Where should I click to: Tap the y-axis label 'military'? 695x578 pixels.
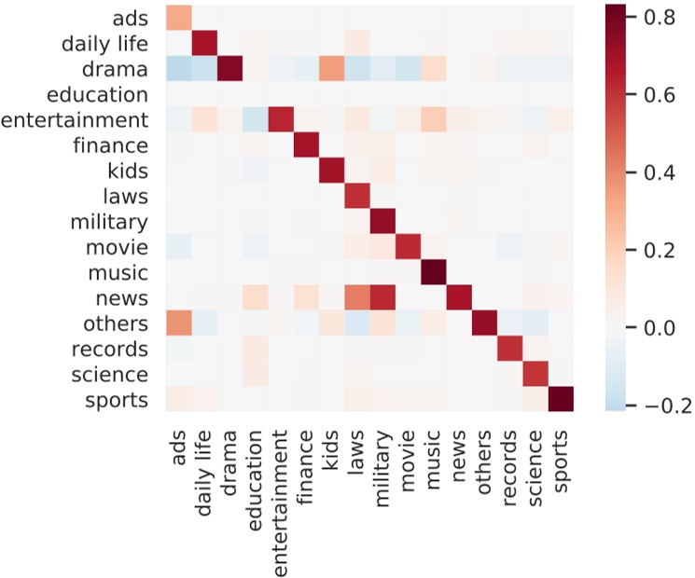click(x=109, y=222)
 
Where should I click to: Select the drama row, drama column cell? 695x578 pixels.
click(x=231, y=68)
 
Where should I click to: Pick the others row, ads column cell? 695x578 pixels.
click(x=180, y=323)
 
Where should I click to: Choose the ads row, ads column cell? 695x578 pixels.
click(x=180, y=18)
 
